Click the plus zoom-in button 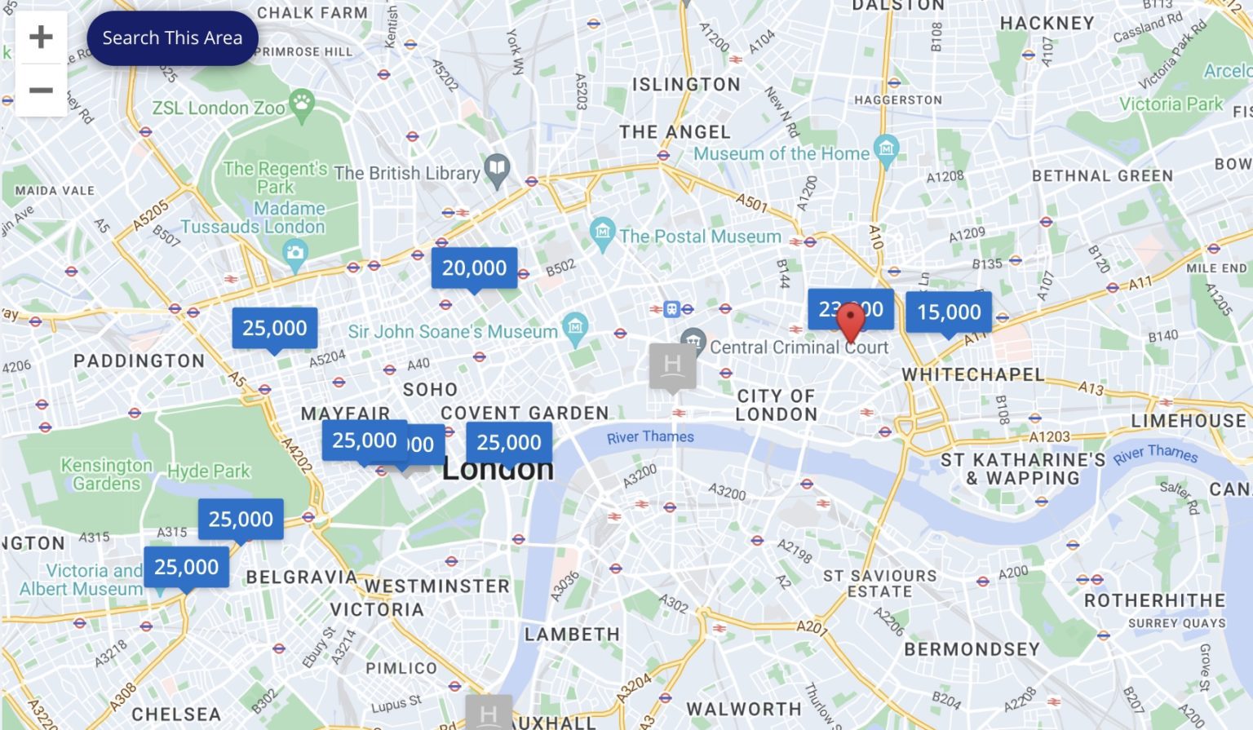pyautogui.click(x=41, y=37)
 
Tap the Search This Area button pyautogui.click(x=172, y=38)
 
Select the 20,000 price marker pyautogui.click(x=474, y=268)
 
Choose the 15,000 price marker pyautogui.click(x=949, y=312)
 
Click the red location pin pyautogui.click(x=851, y=321)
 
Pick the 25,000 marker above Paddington pyautogui.click(x=275, y=329)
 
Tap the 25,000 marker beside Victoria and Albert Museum pyautogui.click(x=187, y=568)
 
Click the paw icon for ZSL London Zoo pyautogui.click(x=302, y=104)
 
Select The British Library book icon pyautogui.click(x=497, y=170)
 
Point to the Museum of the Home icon pyautogui.click(x=886, y=149)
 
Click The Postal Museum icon pyautogui.click(x=603, y=232)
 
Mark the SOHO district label pyautogui.click(x=430, y=390)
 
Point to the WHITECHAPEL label pyautogui.click(x=972, y=375)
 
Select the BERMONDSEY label pyautogui.click(x=972, y=649)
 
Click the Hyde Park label pyautogui.click(x=209, y=471)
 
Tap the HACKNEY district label pyautogui.click(x=1047, y=24)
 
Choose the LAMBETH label pyautogui.click(x=572, y=635)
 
